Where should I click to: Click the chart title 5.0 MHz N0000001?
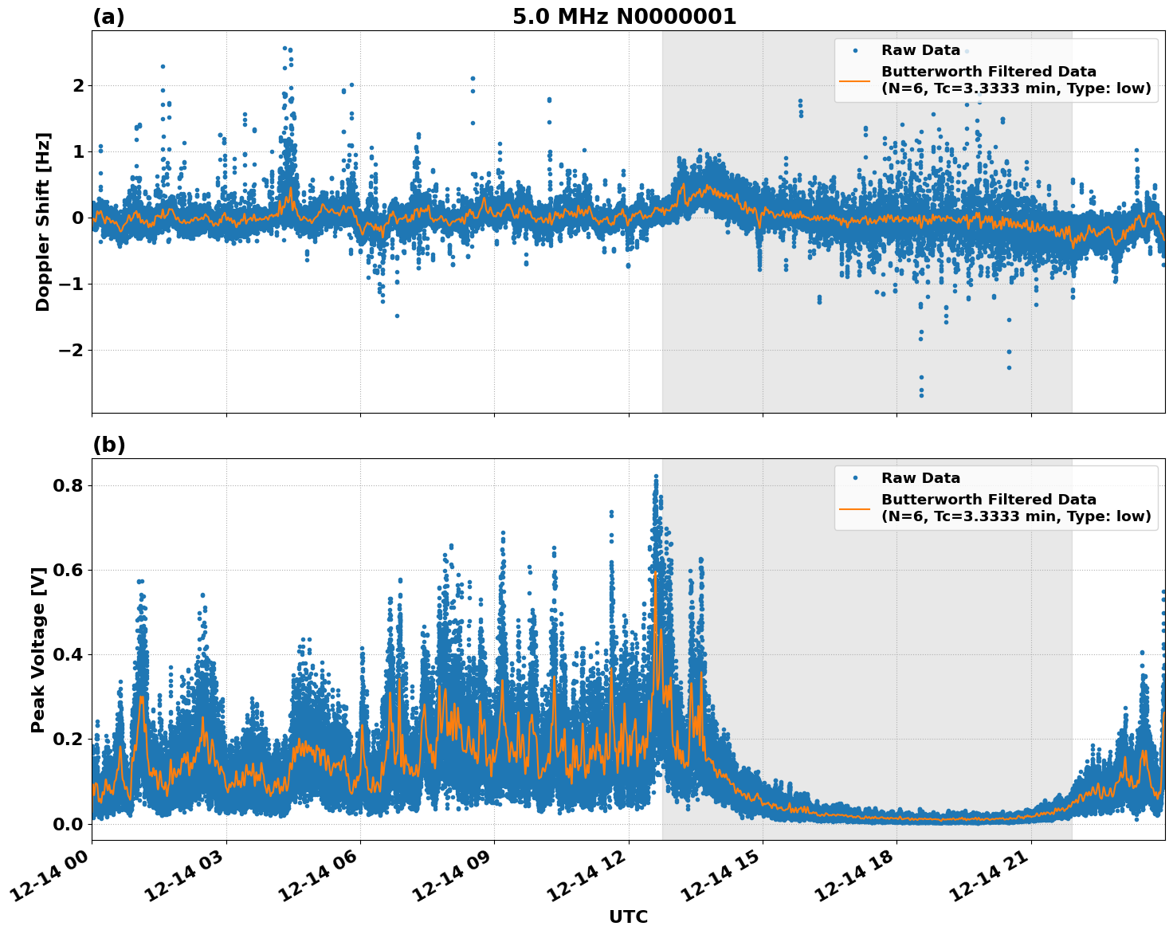click(624, 17)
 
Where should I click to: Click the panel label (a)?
click(108, 17)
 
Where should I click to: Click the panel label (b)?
click(108, 445)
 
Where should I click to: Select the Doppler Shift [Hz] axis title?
click(43, 222)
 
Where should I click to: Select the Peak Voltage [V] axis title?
click(38, 649)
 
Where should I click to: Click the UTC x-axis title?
click(628, 916)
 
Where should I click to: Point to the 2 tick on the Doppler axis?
click(78, 85)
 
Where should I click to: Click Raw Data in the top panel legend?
click(920, 50)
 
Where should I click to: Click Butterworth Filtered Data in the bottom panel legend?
click(988, 500)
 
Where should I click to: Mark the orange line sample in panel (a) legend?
click(854, 80)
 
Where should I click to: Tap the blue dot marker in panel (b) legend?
click(854, 478)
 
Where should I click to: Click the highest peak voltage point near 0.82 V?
click(656, 477)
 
